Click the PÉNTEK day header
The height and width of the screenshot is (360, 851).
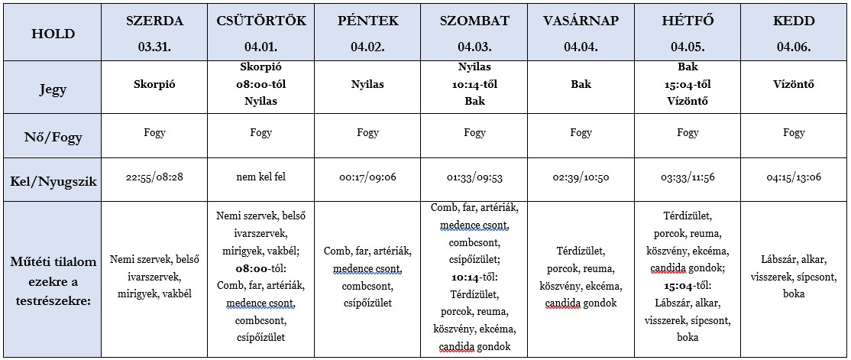tap(367, 21)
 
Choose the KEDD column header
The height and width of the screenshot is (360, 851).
tap(794, 21)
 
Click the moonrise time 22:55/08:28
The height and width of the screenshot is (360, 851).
tap(154, 178)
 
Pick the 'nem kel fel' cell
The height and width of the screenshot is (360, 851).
tap(261, 178)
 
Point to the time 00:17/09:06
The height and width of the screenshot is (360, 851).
tap(367, 178)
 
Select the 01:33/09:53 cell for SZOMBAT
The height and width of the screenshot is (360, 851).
tap(474, 178)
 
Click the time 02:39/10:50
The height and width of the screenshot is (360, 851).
tap(581, 178)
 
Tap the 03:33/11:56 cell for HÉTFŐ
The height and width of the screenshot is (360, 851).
tap(688, 178)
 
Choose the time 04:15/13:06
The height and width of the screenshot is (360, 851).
tap(794, 178)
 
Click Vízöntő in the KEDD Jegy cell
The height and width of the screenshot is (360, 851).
tap(794, 85)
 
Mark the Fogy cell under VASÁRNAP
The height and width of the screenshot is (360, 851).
tap(581, 133)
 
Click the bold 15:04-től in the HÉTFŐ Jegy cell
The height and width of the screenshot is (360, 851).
tap(688, 84)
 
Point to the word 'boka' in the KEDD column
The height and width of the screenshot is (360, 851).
tap(794, 294)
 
